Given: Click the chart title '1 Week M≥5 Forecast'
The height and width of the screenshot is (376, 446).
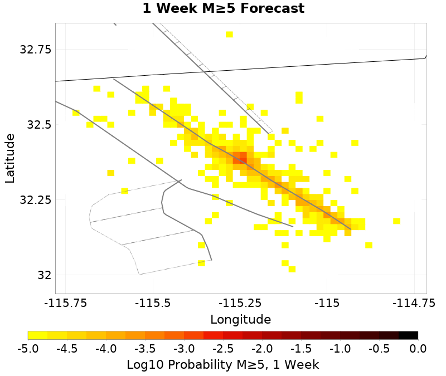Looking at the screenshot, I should (x=223, y=9).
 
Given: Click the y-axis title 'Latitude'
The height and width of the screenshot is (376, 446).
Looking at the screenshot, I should (x=9, y=158).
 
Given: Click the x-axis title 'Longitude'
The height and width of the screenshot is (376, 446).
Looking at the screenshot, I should (x=240, y=320).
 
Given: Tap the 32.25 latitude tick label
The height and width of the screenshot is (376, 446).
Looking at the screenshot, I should (x=35, y=199).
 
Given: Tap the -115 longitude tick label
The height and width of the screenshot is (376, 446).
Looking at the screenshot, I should (x=327, y=304).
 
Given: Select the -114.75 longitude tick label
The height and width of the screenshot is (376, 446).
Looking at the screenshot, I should (x=414, y=304).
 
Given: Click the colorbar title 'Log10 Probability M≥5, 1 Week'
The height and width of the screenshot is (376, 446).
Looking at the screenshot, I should (x=223, y=365).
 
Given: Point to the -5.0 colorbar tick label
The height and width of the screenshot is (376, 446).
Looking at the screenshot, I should (x=28, y=349).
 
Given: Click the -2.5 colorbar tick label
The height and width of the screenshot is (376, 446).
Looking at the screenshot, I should (x=223, y=349).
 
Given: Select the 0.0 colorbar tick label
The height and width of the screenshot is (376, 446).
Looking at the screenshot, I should (x=418, y=349).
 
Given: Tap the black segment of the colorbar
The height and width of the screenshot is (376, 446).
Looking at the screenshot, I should (x=408, y=335).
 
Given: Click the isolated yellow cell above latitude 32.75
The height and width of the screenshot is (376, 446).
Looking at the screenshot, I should (x=229, y=35).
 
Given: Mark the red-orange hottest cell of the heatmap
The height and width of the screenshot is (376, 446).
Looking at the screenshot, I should (x=243, y=155).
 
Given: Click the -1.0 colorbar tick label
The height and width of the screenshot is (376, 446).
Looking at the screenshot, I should (x=340, y=349).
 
